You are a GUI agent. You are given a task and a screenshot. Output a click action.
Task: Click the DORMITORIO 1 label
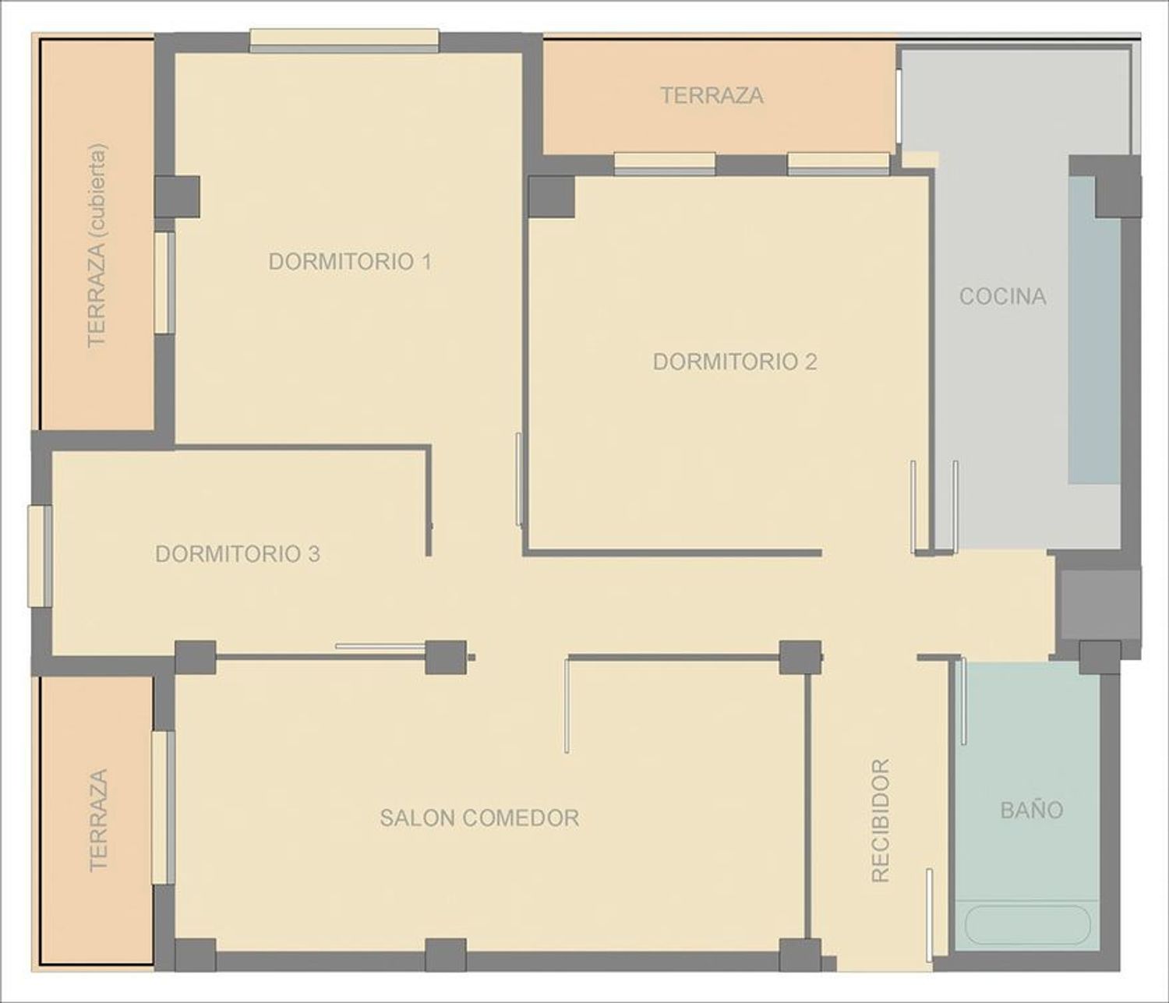(x=350, y=261)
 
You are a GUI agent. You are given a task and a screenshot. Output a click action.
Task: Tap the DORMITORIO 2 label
(x=735, y=362)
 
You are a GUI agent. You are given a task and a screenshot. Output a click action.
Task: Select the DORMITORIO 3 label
(x=238, y=554)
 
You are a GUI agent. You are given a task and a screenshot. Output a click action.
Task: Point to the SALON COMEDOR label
(x=479, y=818)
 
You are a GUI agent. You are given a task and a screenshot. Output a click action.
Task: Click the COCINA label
(x=1003, y=296)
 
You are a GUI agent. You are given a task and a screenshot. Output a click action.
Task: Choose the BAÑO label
(x=1032, y=810)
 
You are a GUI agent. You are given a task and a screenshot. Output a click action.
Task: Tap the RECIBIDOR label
(x=881, y=821)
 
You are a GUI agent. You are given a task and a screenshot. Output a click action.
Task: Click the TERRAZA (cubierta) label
(x=97, y=245)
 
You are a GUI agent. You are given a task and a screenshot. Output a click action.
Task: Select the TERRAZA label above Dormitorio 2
(x=712, y=95)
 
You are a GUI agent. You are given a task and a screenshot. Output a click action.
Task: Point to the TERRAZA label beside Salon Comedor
(x=98, y=820)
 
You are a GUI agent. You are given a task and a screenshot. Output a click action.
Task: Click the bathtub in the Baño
(x=1028, y=925)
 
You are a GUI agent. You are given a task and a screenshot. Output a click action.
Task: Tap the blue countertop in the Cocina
(x=1093, y=330)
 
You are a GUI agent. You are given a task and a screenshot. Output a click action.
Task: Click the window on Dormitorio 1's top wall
(x=344, y=41)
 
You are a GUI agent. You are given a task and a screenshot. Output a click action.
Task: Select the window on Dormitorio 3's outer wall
(x=41, y=556)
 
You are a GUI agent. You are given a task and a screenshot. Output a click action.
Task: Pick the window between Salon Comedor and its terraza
(x=163, y=807)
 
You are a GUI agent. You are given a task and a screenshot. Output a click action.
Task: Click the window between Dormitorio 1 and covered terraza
(x=164, y=283)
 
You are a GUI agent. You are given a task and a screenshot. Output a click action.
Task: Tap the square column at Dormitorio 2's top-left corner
(x=552, y=197)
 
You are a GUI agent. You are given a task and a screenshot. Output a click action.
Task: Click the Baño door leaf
(x=963, y=701)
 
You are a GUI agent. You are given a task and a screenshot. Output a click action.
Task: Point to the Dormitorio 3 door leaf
(x=380, y=646)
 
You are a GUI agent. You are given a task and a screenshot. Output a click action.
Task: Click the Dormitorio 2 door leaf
(x=518, y=480)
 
